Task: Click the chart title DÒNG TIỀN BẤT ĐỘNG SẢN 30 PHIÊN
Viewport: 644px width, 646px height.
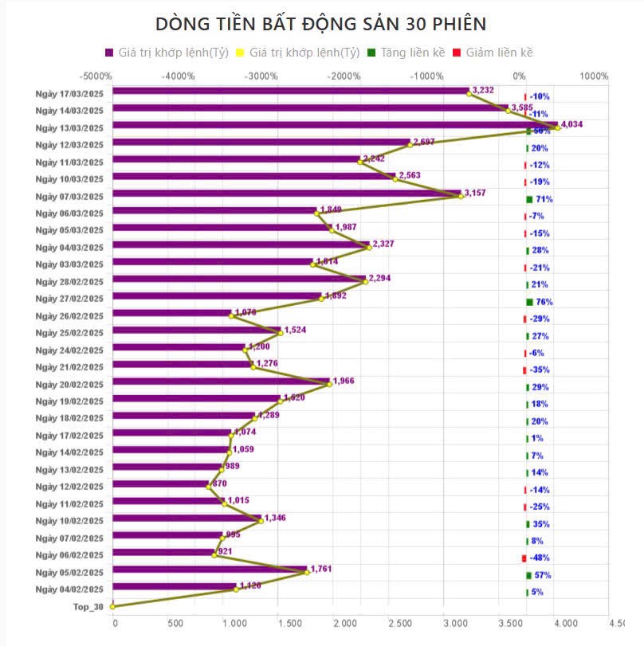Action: tap(321, 22)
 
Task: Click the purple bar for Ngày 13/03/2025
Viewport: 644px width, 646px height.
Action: tap(335, 125)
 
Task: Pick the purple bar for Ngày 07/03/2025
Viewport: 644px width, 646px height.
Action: tap(287, 194)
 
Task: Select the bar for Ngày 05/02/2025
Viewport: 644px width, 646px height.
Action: tap(210, 570)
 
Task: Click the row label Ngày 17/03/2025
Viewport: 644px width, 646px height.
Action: tap(70, 92)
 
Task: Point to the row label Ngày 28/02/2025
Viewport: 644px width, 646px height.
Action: tap(70, 281)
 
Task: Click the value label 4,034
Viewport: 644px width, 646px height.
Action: tap(572, 124)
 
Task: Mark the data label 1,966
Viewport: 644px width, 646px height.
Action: tap(343, 381)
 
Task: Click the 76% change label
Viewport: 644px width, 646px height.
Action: tap(544, 302)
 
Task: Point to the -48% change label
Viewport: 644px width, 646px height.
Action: tap(540, 558)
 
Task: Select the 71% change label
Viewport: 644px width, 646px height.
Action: tap(544, 199)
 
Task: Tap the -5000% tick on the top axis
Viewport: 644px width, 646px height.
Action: tap(96, 76)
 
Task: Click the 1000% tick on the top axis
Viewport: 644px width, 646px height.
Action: tap(594, 76)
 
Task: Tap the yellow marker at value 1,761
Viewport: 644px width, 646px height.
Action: tap(307, 572)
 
